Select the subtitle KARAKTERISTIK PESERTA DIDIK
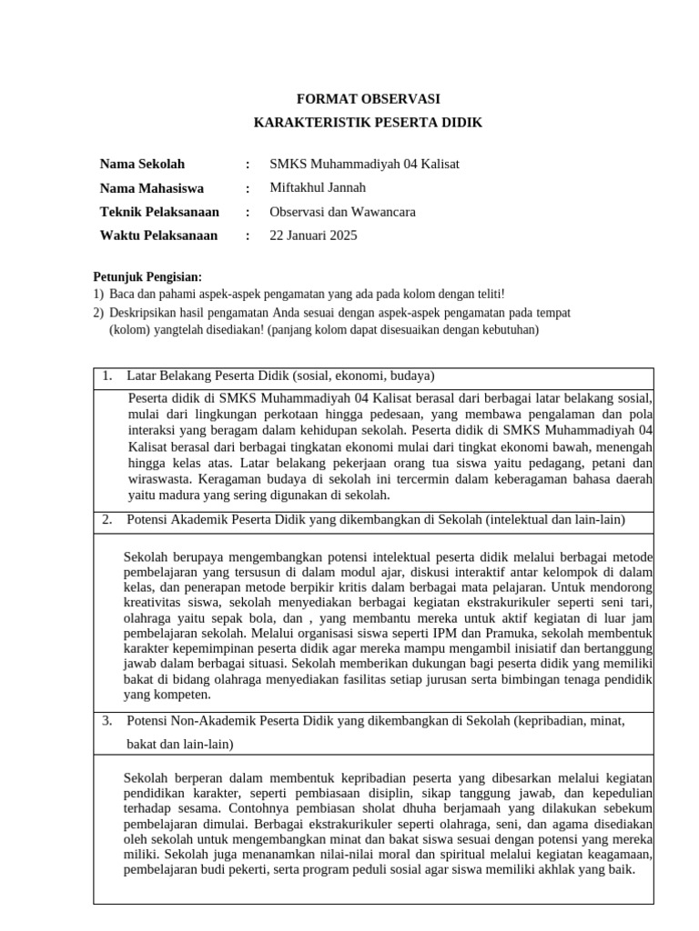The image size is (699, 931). click(368, 123)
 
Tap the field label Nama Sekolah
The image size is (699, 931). click(142, 165)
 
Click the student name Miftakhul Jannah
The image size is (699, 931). click(318, 188)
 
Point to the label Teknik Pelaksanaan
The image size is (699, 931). click(159, 212)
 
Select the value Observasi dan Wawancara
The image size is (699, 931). click(342, 212)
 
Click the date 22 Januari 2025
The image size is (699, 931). click(313, 235)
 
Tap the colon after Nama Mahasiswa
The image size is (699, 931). click(247, 188)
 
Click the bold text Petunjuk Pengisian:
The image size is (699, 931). click(148, 277)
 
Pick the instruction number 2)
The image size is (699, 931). click(99, 313)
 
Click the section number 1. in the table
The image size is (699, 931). click(107, 375)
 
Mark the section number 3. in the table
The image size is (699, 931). click(107, 721)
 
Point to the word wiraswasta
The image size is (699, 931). click(158, 479)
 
